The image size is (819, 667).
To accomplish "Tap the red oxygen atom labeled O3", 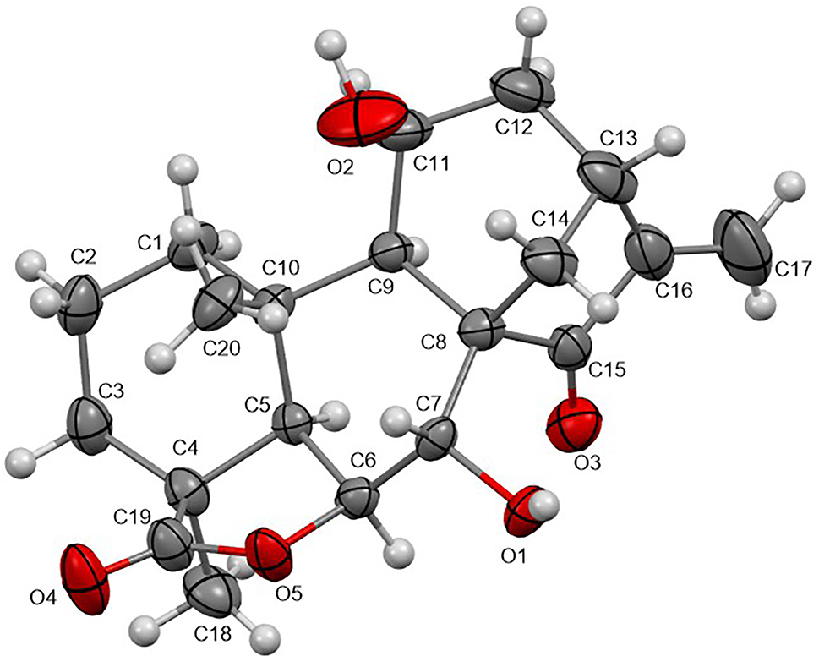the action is pyautogui.click(x=574, y=423).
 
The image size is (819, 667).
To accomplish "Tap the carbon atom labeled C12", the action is pyautogui.click(x=522, y=93).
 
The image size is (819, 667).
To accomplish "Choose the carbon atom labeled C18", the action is pyautogui.click(x=214, y=593).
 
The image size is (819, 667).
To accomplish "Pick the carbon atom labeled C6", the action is pyautogui.click(x=358, y=502).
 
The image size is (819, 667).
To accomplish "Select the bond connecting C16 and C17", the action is pyautogui.click(x=696, y=251).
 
